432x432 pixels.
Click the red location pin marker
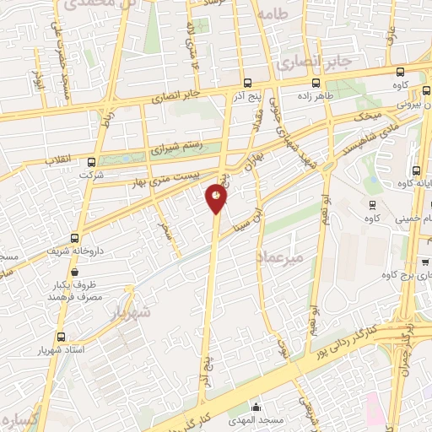coord(216,198)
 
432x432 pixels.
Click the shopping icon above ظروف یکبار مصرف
coord(76,273)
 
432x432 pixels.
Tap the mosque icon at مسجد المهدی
coord(256,406)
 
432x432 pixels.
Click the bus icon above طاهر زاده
coord(316,83)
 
